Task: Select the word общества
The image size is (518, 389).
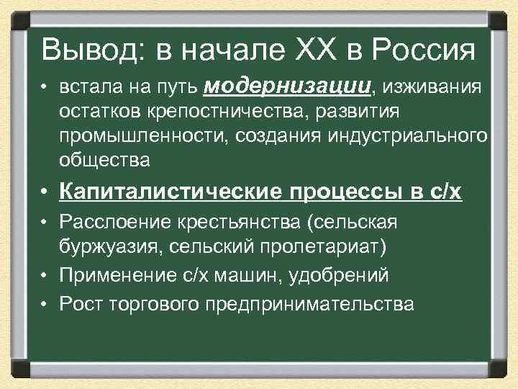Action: click(x=106, y=161)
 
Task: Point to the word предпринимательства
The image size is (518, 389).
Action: click(x=309, y=303)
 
